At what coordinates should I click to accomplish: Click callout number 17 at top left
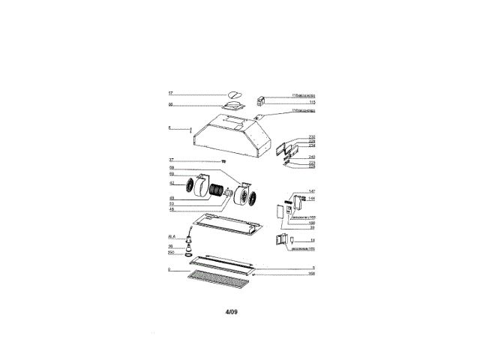coord(170,94)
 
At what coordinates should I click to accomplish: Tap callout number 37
coord(171,160)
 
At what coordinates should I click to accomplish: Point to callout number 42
coord(171,183)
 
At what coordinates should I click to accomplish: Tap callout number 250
coord(171,253)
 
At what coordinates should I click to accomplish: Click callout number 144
coord(311,199)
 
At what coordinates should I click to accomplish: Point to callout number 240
coord(311,156)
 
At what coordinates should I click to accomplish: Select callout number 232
coord(311,137)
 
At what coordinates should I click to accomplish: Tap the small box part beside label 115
coord(263,100)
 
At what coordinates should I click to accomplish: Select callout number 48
coord(171,209)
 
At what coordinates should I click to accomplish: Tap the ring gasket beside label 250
coord(191,255)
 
